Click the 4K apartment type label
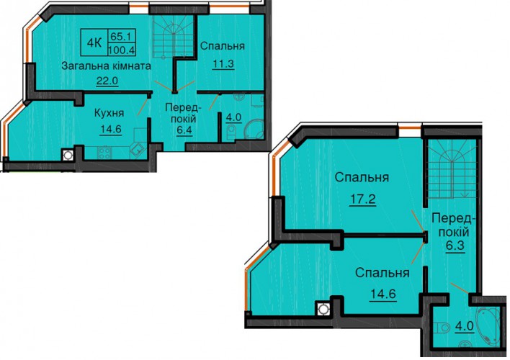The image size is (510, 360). [x=94, y=42]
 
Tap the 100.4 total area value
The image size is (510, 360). [x=122, y=50]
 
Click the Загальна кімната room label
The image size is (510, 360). [x=107, y=66]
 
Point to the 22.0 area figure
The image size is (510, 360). [x=107, y=81]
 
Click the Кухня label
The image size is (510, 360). [x=109, y=113]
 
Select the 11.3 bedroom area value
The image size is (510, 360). [x=223, y=64]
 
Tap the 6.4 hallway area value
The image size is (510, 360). [x=184, y=130]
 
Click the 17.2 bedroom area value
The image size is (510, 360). [x=362, y=199]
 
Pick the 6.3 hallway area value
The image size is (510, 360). [x=455, y=246]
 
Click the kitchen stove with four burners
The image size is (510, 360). [x=104, y=153]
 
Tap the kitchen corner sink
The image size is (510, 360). [x=138, y=150]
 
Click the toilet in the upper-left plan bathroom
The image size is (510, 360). [x=231, y=132]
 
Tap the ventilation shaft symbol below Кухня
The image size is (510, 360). [x=68, y=155]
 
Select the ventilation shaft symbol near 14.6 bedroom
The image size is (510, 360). [x=323, y=309]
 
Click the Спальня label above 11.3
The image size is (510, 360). [x=223, y=46]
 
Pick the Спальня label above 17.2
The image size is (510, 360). [x=362, y=178]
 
